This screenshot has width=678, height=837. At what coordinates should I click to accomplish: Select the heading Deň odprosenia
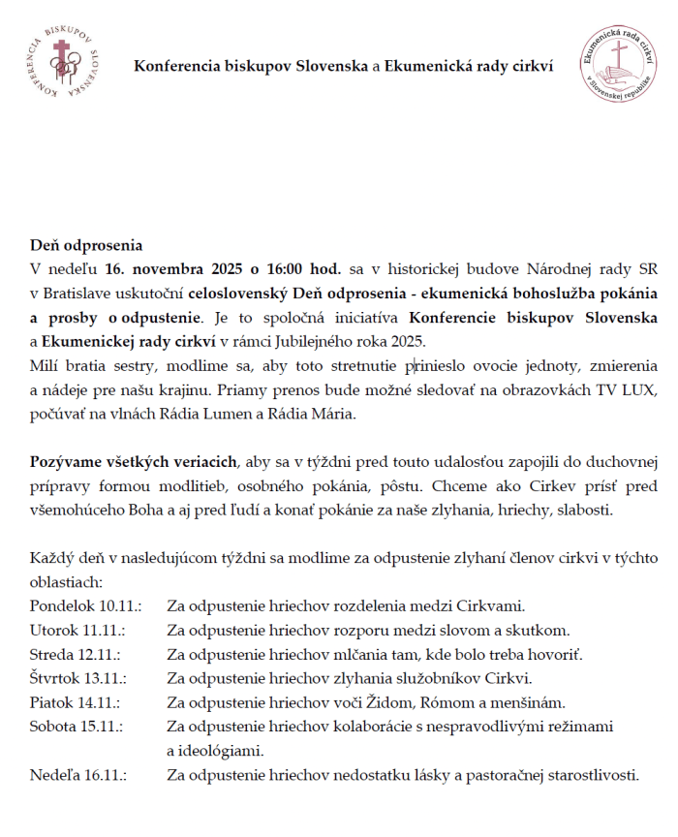click(x=85, y=246)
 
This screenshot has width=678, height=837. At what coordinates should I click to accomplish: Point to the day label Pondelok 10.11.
click(x=85, y=606)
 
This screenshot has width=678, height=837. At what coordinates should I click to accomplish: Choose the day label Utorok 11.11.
click(x=78, y=631)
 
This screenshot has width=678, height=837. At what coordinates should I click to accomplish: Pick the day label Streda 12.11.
click(x=77, y=654)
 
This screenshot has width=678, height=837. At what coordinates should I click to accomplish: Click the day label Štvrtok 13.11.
click(x=80, y=678)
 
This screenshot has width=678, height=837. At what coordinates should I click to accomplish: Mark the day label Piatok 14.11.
click(x=77, y=702)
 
